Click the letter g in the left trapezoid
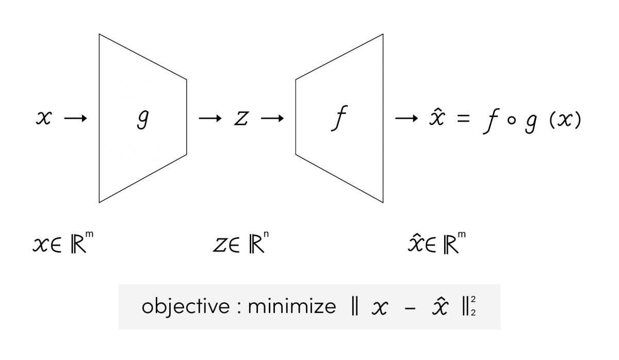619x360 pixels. tap(142, 120)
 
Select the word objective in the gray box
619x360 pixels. tap(185, 306)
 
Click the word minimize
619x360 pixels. tap(292, 306)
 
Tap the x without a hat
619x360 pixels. tap(380, 308)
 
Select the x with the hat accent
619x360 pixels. tap(440, 307)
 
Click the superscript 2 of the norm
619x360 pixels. tap(473, 301)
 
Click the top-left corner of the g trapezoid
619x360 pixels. tap(101, 36)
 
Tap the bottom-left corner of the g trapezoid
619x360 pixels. tap(101, 200)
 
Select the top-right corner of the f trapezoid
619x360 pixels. tap(381, 36)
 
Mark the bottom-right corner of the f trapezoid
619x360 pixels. tap(381, 200)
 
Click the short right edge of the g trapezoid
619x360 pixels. tap(185, 117)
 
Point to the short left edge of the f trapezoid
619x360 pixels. tap(297, 117)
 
